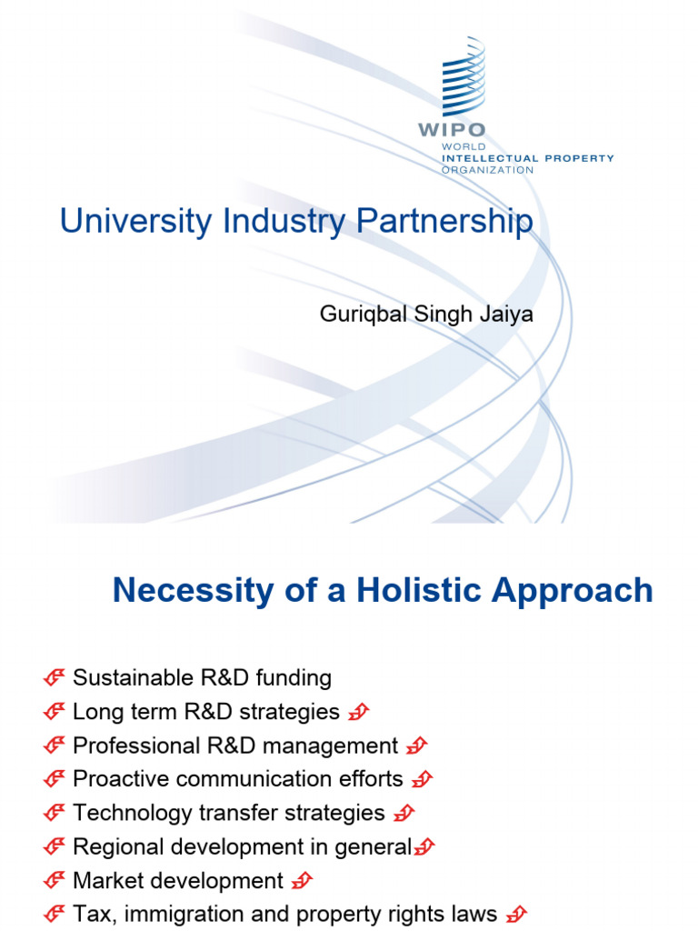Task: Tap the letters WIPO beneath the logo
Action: pyautogui.click(x=452, y=130)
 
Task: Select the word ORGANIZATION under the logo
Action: pyautogui.click(x=487, y=170)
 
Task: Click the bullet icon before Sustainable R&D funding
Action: pyautogui.click(x=54, y=678)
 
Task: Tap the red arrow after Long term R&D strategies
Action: pyautogui.click(x=359, y=712)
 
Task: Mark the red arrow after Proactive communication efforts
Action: pyautogui.click(x=422, y=779)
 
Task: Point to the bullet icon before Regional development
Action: pyautogui.click(x=54, y=847)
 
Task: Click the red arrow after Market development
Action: pyautogui.click(x=304, y=881)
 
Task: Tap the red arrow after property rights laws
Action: pyautogui.click(x=515, y=915)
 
